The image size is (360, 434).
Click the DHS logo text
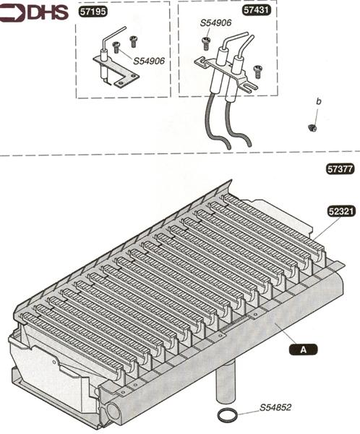tap(48, 13)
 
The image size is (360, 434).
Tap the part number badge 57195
tap(93, 12)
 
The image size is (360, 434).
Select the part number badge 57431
tap(256, 10)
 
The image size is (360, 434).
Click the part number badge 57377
tap(340, 169)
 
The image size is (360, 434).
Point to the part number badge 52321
tap(341, 211)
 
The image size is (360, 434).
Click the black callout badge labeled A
tap(304, 349)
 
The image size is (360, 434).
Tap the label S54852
tap(275, 407)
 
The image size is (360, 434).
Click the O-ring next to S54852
tap(228, 415)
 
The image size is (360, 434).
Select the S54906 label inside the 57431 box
tap(215, 22)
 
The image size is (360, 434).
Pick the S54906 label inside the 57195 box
tap(149, 61)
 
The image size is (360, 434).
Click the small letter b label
tap(319, 101)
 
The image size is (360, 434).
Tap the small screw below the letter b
tap(312, 127)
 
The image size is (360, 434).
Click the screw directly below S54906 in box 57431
tap(205, 43)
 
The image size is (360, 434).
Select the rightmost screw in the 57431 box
tap(257, 71)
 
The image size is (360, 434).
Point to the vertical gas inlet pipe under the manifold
tap(225, 383)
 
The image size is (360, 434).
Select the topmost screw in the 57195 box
tap(134, 41)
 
